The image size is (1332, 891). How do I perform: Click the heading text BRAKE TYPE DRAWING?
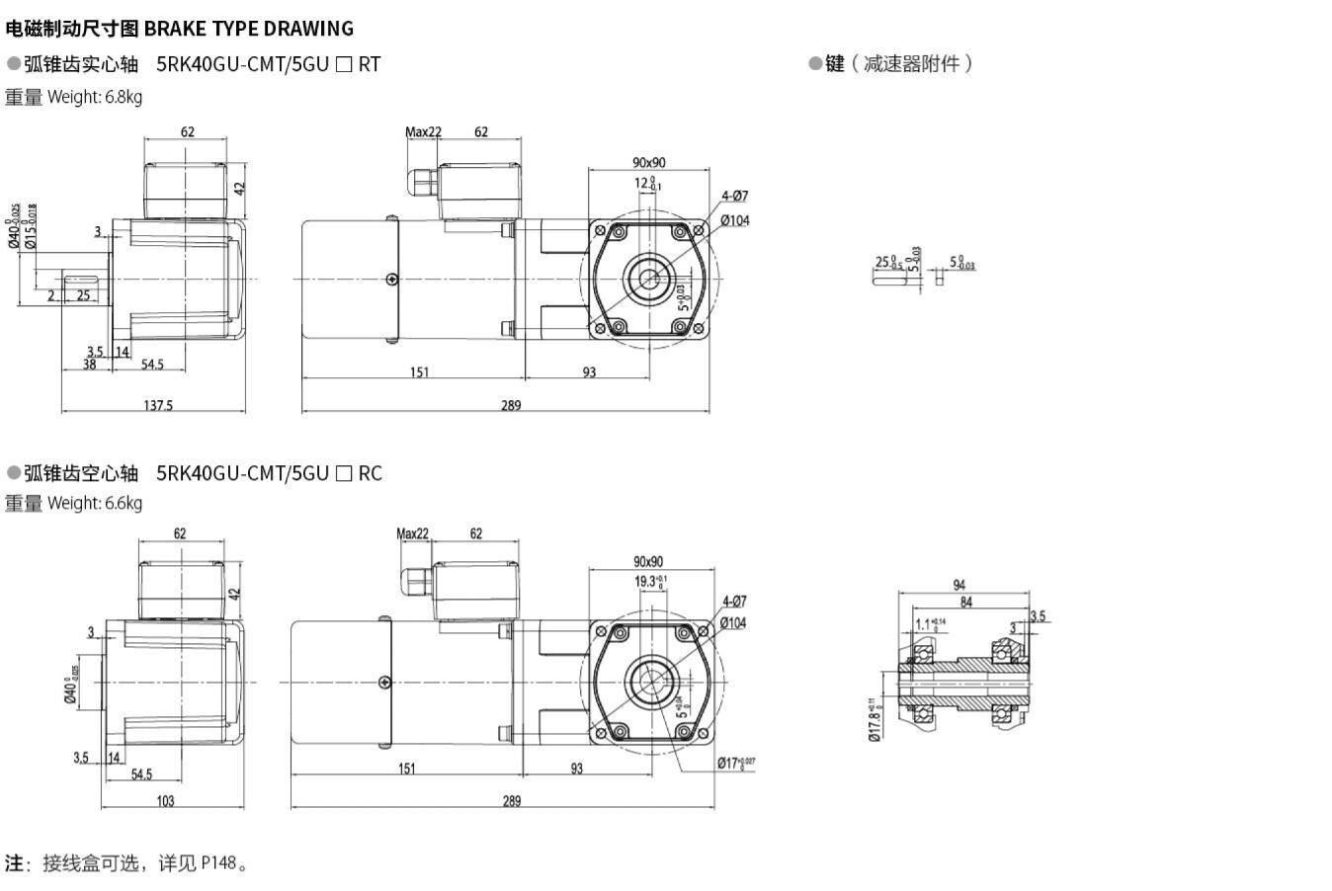(248, 29)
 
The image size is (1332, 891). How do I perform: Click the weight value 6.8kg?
(124, 97)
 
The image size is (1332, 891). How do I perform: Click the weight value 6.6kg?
(124, 503)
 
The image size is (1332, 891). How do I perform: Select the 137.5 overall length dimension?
(158, 405)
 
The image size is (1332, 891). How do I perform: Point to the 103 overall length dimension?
(166, 801)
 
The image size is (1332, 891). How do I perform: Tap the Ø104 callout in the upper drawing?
(734, 220)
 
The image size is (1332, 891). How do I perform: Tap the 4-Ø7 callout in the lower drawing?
(734, 602)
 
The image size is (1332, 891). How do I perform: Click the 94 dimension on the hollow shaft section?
(958, 586)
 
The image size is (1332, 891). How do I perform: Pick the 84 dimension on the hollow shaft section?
(965, 602)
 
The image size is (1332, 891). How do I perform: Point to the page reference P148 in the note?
(219, 863)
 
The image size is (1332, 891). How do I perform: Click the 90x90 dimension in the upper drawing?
(649, 162)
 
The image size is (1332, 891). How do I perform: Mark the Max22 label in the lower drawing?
(413, 533)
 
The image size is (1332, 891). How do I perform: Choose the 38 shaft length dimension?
(89, 364)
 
